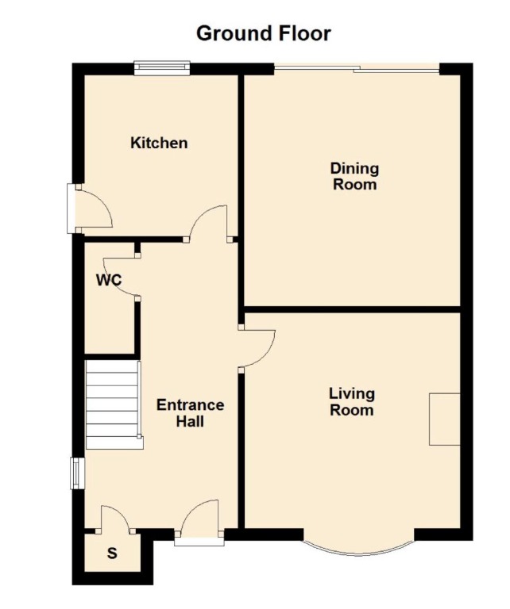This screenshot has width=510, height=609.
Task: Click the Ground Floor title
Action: pos(263,33)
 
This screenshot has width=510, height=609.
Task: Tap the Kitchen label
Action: pos(159,143)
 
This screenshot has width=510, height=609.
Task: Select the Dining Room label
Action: pos(354,176)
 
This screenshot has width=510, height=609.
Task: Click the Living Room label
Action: pos(352,401)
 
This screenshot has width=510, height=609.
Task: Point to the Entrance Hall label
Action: pos(190,413)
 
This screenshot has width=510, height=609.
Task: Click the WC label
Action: pos(108,281)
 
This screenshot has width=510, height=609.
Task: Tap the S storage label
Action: pos(112,553)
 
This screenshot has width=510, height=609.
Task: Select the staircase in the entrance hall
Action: pos(113,404)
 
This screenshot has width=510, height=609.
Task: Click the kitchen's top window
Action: pos(162,69)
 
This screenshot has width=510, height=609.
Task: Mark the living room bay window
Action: pos(357,547)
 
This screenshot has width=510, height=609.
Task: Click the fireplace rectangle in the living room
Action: pos(445,419)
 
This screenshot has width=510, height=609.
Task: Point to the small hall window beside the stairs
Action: pos(76,473)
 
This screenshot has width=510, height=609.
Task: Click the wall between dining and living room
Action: pos(351,308)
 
